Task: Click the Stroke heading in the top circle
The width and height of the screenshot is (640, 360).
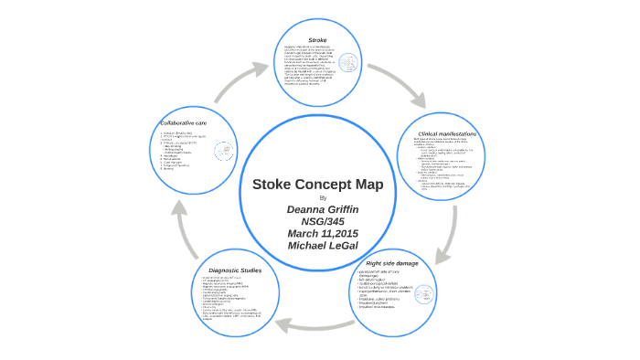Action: (318, 40)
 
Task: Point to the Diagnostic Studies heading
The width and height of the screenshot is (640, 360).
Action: (235, 270)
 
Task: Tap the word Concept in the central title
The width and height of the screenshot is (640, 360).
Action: (331, 184)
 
